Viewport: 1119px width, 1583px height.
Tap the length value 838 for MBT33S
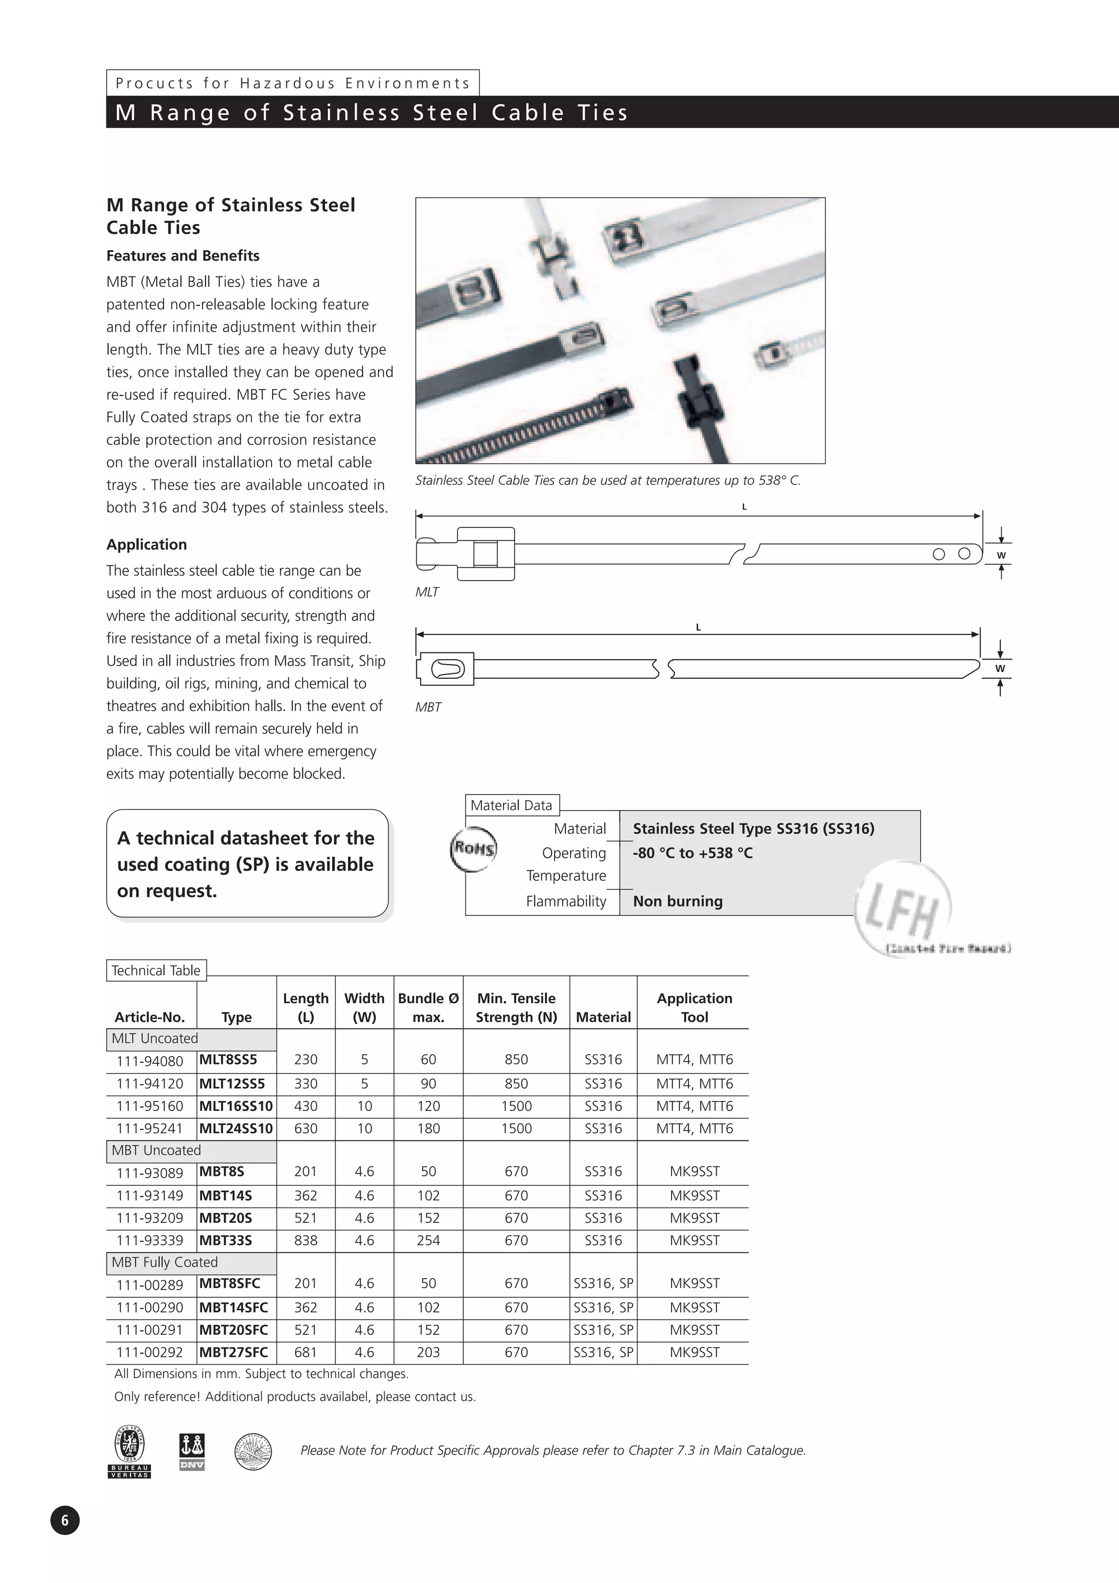tap(305, 1240)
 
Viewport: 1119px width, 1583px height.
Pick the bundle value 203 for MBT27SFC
tap(428, 1352)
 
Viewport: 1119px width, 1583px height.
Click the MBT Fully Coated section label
tap(165, 1262)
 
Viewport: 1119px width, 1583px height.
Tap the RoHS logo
tap(473, 849)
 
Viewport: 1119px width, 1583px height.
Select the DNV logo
tap(192, 1451)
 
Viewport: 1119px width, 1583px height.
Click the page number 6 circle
tap(65, 1520)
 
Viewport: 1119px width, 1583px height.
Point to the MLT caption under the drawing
tap(427, 592)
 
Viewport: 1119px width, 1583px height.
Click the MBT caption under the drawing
tap(428, 707)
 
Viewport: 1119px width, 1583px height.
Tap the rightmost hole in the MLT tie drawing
tap(964, 554)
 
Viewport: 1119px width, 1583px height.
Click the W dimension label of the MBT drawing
tap(1000, 668)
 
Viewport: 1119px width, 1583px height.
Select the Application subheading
tap(146, 545)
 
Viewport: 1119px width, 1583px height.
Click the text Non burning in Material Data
tap(677, 901)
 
